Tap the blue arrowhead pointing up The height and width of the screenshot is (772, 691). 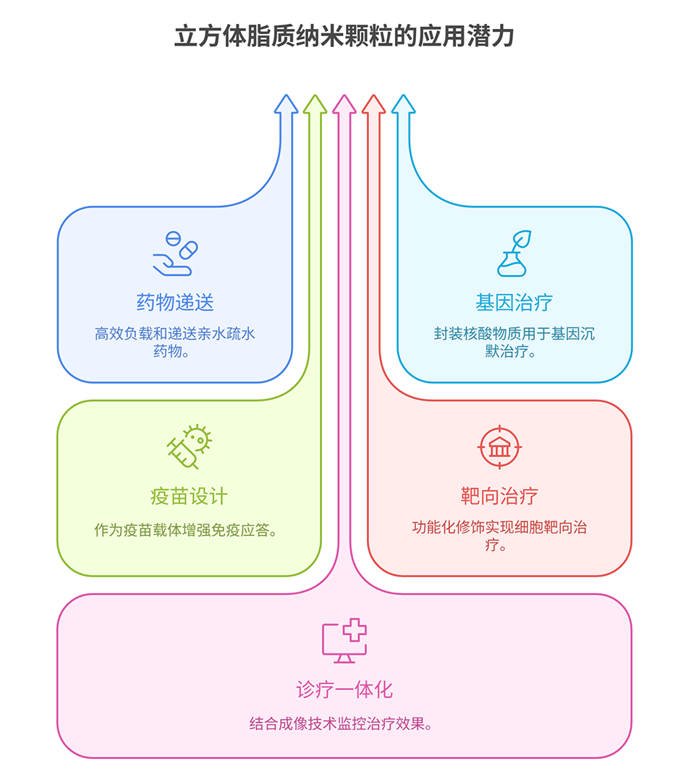[286, 105]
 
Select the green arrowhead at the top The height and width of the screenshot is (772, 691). [315, 105]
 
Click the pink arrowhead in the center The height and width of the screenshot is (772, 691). [344, 105]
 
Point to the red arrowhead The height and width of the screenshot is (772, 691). [373, 105]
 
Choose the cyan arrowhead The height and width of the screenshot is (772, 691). [403, 105]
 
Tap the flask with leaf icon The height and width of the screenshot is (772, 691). [514, 253]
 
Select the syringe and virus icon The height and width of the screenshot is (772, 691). [189, 447]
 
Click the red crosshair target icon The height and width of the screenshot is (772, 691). [499, 447]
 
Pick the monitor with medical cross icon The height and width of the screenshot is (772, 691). [344, 641]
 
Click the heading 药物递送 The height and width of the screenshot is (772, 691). [175, 302]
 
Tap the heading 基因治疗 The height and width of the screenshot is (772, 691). [514, 302]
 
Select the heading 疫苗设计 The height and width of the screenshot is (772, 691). [189, 496]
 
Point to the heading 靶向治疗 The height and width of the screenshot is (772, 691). [499, 496]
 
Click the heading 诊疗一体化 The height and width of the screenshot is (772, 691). [344, 689]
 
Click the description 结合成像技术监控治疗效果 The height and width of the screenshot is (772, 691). [344, 723]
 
